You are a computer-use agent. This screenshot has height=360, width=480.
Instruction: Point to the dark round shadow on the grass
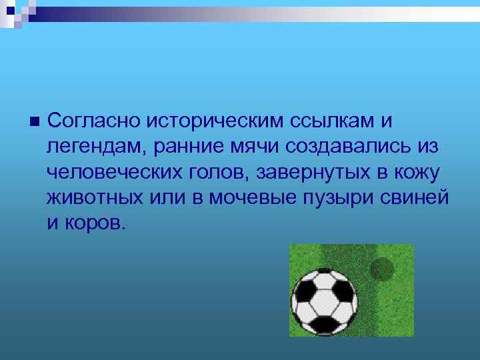383,269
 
